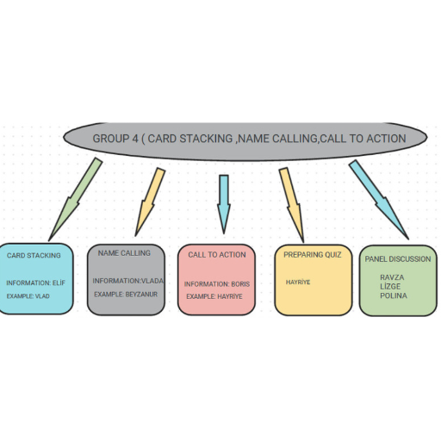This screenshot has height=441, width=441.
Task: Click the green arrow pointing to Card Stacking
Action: tap(75, 200)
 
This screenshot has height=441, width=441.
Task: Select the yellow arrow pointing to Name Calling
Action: tap(150, 202)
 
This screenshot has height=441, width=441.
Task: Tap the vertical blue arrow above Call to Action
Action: tap(224, 204)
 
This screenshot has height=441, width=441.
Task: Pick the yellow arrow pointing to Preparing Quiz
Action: tap(291, 205)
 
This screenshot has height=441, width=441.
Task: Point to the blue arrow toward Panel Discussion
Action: tap(378, 200)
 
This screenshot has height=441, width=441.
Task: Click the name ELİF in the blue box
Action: tap(59, 283)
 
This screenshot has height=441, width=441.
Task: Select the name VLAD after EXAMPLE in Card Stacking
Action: tap(42, 296)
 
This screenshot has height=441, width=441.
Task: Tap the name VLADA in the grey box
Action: tap(152, 281)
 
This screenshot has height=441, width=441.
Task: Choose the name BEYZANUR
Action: tap(141, 295)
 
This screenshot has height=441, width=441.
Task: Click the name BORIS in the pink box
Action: tap(240, 284)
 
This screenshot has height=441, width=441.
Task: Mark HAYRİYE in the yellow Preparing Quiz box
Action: tap(298, 283)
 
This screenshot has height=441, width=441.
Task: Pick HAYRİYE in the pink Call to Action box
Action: tap(230, 296)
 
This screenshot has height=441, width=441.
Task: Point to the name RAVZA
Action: tap(392, 277)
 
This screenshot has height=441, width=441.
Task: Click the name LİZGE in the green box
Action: tap(390, 286)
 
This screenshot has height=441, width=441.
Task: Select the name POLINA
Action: tap(394, 295)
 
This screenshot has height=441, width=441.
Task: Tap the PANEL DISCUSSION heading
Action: tap(398, 259)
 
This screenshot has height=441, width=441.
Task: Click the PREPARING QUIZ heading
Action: tap(313, 255)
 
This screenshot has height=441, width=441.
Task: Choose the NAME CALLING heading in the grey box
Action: tap(124, 253)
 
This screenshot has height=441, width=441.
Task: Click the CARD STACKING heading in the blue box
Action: tap(34, 255)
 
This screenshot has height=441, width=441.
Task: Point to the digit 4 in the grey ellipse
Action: tap(135, 139)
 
